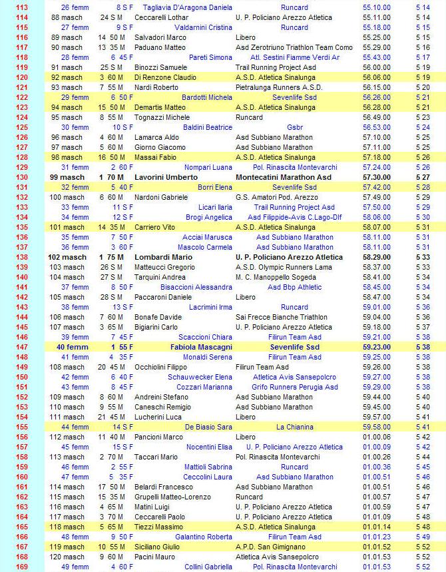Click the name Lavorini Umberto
coord(166,178)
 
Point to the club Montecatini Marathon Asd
coord(283,178)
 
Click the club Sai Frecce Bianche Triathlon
coord(282,318)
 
